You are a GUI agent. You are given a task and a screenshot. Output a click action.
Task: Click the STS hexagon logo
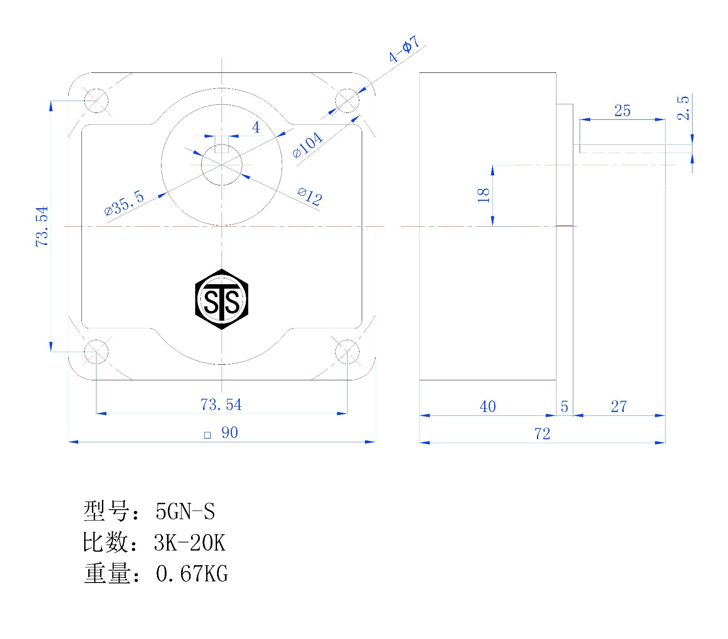[x=222, y=299]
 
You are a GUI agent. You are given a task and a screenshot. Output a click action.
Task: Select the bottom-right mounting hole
[x=347, y=352]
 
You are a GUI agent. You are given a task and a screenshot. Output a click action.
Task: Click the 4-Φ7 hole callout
[x=404, y=49]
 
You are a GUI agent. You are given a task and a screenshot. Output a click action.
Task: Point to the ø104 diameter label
[x=308, y=144]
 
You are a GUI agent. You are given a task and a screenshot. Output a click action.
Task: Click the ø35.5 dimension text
[x=124, y=203]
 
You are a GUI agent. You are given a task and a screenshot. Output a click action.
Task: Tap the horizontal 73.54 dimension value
[x=221, y=404]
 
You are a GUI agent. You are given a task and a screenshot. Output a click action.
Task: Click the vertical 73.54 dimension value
[x=42, y=226]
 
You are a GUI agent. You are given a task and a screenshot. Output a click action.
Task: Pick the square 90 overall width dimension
[x=221, y=433]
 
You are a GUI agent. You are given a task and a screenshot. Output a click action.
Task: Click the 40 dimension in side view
[x=488, y=406]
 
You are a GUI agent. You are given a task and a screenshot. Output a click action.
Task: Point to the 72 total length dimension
[x=542, y=434]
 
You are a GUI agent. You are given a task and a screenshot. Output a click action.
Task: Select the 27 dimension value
[x=619, y=406]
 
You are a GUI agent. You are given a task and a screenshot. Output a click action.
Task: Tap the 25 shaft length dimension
[x=622, y=111]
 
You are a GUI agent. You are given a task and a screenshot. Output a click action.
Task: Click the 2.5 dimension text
[x=683, y=108]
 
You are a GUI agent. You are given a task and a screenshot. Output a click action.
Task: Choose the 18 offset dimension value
[x=483, y=195]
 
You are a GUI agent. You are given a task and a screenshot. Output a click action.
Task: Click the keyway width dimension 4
[x=256, y=127]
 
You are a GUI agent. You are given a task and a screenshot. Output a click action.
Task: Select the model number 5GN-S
[x=185, y=511]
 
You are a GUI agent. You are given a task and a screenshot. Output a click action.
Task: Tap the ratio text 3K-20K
[x=190, y=542]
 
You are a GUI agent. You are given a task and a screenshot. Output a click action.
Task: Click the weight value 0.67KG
[x=192, y=573]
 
